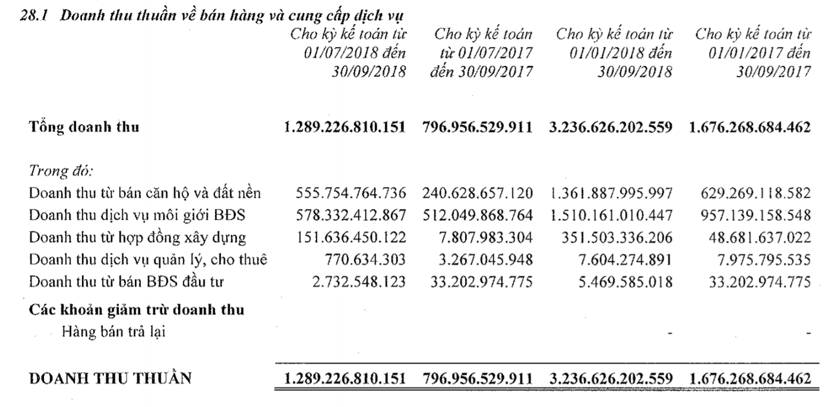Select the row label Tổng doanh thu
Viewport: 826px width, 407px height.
click(84, 127)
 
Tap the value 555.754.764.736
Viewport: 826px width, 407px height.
click(351, 193)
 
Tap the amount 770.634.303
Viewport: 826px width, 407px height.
click(365, 260)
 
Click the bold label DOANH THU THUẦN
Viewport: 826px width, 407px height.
click(110, 378)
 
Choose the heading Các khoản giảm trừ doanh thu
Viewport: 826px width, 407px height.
click(137, 309)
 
